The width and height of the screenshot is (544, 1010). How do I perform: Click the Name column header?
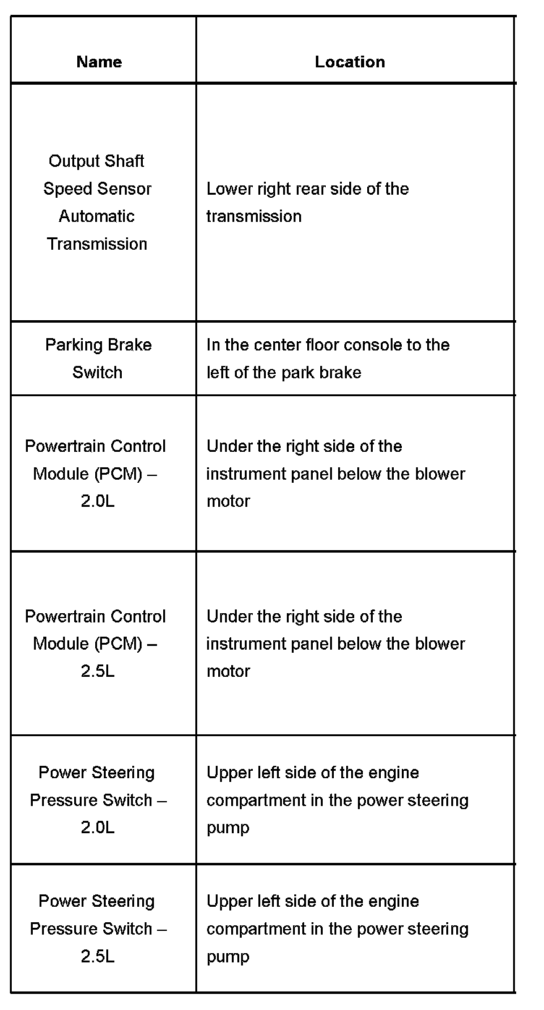tap(99, 62)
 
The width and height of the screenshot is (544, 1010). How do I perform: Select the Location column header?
tap(350, 62)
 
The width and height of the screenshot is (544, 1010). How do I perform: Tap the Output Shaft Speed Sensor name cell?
tap(97, 202)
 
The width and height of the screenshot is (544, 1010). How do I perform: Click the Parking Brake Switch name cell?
tap(98, 359)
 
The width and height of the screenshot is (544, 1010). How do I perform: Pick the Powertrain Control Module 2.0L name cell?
tap(96, 473)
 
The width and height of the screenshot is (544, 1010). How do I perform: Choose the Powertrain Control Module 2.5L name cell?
tap(96, 643)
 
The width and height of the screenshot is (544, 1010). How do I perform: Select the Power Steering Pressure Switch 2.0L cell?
tap(98, 800)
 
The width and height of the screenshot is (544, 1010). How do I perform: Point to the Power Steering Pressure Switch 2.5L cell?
tap(98, 928)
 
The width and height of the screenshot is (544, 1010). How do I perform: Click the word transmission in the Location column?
tap(254, 216)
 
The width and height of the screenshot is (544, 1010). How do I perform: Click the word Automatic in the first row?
tap(96, 216)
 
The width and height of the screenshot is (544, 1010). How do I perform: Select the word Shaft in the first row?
tap(124, 161)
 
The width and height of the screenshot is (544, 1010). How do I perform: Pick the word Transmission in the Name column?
tap(97, 244)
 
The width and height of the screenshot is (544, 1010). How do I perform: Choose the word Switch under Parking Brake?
tap(97, 373)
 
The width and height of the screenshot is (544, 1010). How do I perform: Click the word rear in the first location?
tap(295, 189)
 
